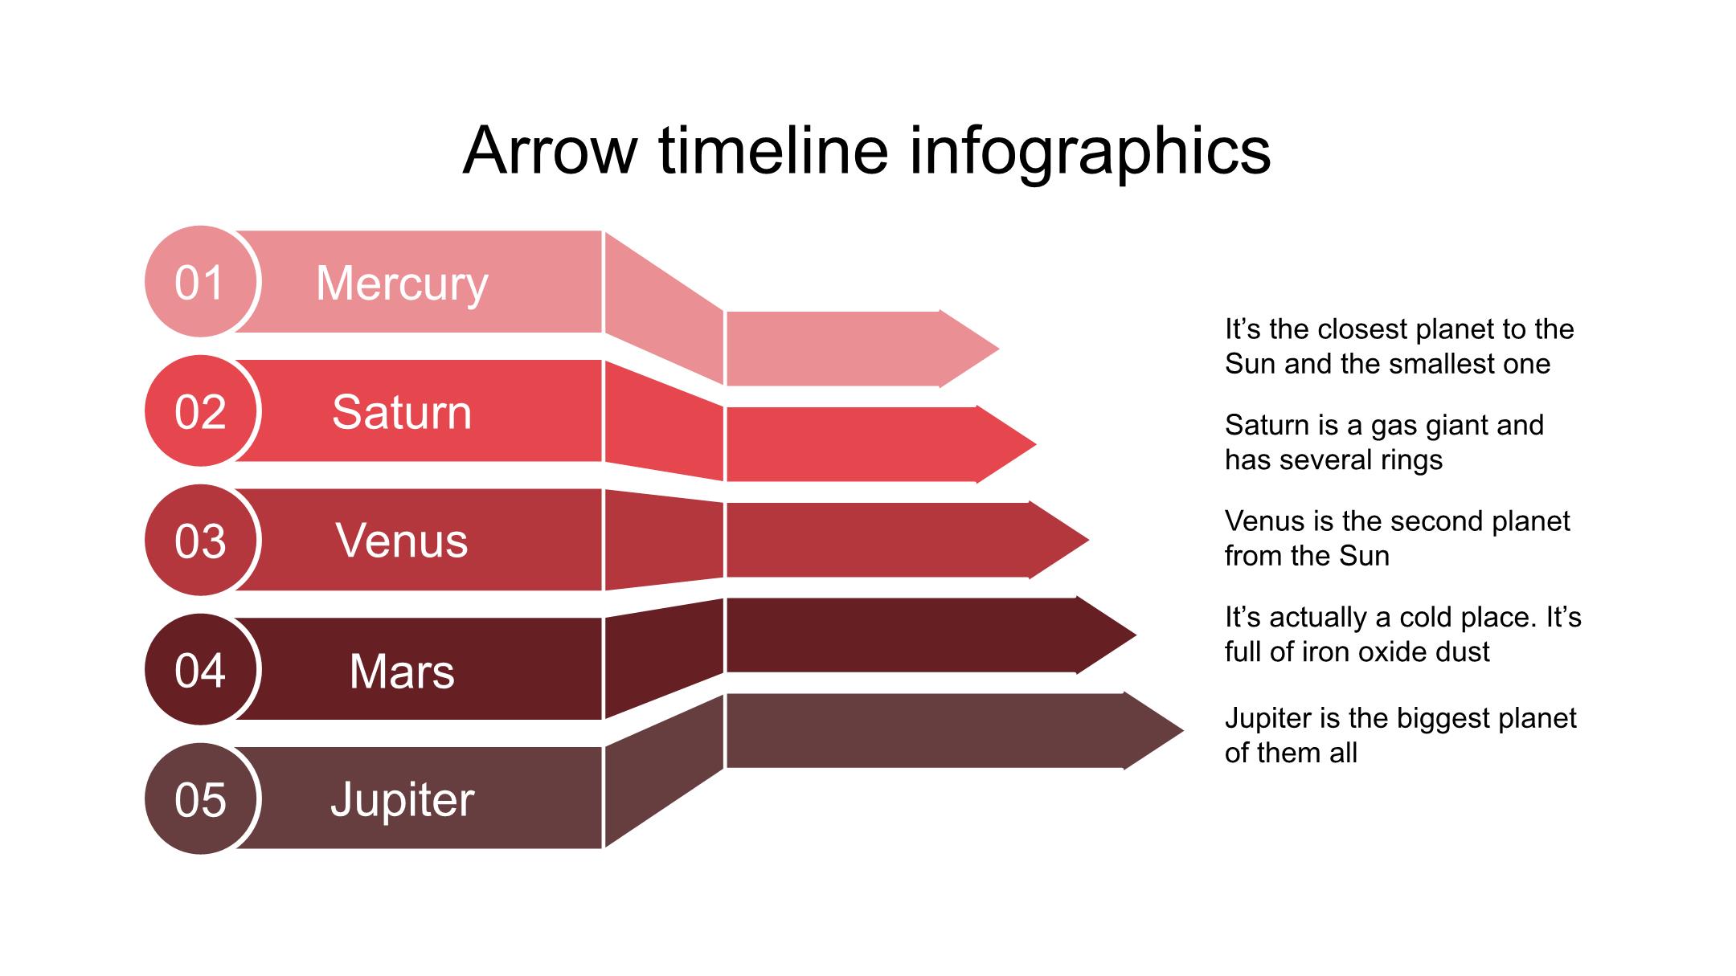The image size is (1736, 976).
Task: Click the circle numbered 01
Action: tap(201, 281)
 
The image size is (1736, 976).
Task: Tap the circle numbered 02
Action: tap(201, 410)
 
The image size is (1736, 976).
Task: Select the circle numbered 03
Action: tap(201, 540)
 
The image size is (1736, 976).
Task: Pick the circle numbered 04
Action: tap(201, 669)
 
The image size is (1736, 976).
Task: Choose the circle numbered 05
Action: tap(201, 798)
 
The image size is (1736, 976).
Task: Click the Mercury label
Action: tap(402, 284)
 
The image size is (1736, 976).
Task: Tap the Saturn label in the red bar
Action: tap(402, 412)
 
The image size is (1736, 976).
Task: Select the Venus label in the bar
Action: tap(402, 541)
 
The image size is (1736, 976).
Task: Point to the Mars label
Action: tap(402, 671)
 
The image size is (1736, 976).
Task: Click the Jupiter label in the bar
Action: tap(402, 800)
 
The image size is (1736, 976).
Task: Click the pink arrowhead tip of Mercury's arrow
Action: tap(998, 349)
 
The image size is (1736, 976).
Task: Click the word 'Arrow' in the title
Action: tap(551, 150)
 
